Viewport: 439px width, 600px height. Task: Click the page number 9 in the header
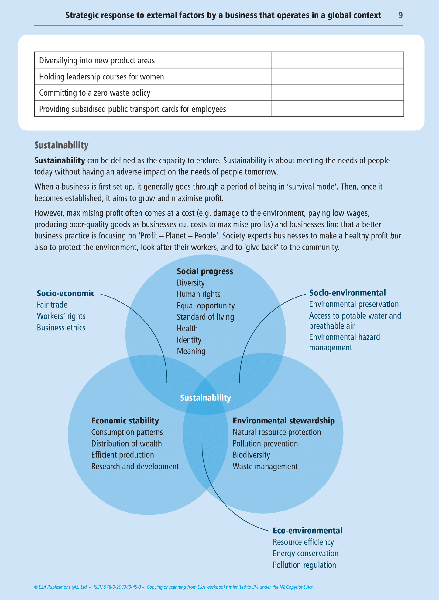[400, 15]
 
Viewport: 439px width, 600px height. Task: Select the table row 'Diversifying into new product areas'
[97, 61]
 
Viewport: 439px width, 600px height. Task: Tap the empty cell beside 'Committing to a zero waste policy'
[338, 93]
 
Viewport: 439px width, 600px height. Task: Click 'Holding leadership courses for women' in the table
[101, 77]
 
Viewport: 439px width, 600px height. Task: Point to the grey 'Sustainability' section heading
[61, 145]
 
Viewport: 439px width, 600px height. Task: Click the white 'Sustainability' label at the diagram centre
[206, 398]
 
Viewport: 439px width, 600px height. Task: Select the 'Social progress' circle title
[205, 271]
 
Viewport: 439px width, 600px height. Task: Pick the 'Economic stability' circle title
[125, 421]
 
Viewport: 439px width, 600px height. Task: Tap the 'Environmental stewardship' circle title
[283, 421]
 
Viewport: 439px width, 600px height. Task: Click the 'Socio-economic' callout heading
[66, 293]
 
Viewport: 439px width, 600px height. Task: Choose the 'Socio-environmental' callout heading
[347, 293]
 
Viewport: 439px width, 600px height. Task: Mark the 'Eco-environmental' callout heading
[307, 531]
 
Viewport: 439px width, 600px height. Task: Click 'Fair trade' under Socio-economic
[52, 305]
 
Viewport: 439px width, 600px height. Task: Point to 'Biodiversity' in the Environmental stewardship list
[251, 455]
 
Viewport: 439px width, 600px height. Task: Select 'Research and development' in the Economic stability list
[135, 466]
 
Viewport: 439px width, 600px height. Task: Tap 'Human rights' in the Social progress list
[198, 294]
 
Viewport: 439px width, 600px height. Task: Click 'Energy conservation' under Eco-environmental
[305, 553]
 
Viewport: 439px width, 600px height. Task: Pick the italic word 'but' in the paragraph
[395, 236]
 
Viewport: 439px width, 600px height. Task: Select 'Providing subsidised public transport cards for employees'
[132, 109]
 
